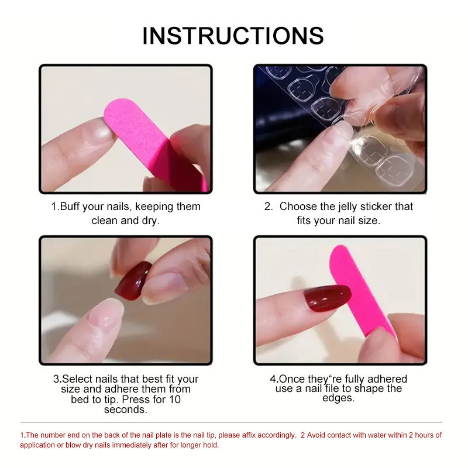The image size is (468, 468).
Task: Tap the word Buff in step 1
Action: coord(70,207)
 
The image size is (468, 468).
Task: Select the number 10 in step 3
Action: coord(174,400)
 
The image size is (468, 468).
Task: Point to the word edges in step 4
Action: coord(338,398)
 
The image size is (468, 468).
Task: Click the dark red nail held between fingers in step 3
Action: coord(133,280)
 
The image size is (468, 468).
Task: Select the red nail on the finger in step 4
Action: coord(326,298)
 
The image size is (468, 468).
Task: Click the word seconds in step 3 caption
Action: coord(125,409)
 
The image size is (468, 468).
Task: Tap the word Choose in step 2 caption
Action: coord(297,207)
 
